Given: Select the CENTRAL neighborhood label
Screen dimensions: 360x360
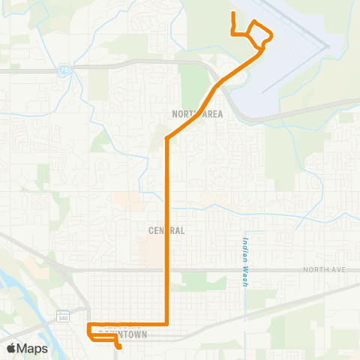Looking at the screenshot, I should tap(166, 230).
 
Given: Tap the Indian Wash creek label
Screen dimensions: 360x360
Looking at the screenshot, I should tap(245, 262).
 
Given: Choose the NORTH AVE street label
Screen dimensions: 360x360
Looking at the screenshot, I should tap(322, 268).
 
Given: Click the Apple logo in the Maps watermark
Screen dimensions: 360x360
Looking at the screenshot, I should tap(12, 348).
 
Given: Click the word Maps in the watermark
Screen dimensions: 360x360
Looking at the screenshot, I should tap(34, 348).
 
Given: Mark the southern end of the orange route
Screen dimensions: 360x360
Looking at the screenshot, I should tap(120, 347).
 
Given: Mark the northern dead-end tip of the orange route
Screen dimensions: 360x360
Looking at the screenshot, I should tap(234, 13).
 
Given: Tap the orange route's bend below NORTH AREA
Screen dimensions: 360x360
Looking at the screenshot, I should tap(166, 139).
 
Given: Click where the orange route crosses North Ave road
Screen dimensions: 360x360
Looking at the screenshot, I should tap(166, 268).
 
